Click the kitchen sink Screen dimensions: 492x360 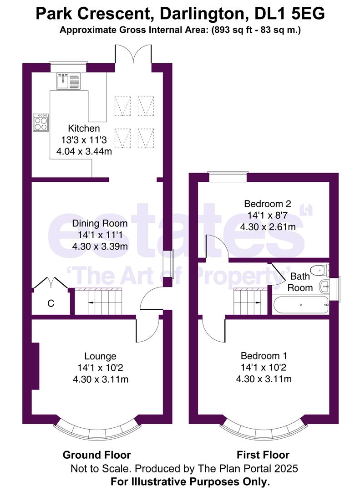coord(68,81)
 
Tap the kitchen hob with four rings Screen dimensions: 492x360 coord(41,122)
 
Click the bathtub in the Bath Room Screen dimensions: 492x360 coord(300,305)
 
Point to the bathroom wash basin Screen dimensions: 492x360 coord(325,287)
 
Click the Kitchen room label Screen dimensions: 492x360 coord(84,128)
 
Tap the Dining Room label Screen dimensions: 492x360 coord(100,224)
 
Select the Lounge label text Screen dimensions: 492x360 coord(100,356)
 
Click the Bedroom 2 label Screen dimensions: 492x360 coord(267,204)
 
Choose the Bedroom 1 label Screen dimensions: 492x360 coord(264,356)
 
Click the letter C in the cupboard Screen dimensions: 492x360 coord(51,303)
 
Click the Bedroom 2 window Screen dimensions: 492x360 coord(228,177)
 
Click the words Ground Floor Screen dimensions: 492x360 coord(96,455)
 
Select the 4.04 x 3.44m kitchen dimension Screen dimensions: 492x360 coord(84,152)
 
